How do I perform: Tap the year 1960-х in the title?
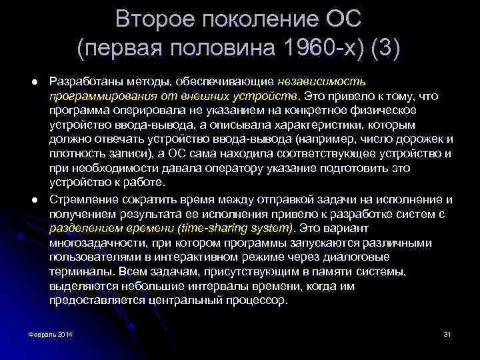[305, 49]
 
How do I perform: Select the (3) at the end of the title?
[381, 49]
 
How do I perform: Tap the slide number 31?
[447, 333]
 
